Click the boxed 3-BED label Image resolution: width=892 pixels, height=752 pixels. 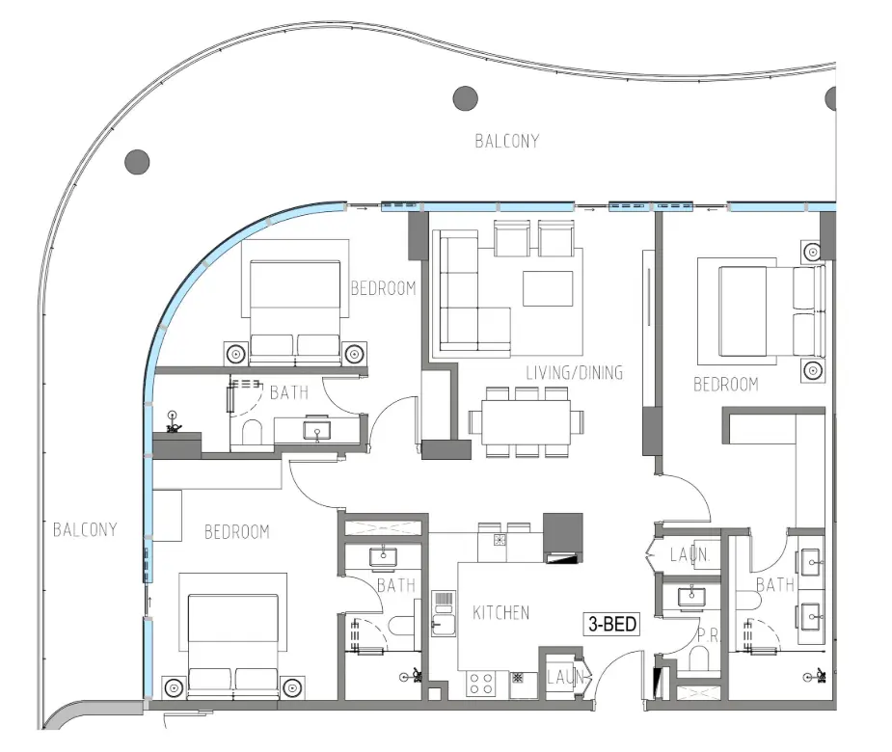tap(612, 625)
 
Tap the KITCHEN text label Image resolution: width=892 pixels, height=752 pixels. tap(500, 612)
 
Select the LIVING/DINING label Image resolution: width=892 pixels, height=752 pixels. tap(574, 372)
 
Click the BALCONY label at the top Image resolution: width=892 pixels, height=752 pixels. tap(507, 141)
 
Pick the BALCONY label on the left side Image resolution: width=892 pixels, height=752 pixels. tap(85, 529)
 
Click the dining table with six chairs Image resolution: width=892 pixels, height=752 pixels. tap(526, 422)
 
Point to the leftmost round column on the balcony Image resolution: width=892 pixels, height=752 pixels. tap(137, 160)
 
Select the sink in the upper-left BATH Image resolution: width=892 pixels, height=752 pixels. tap(317, 430)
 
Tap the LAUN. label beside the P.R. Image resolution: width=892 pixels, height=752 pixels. tap(689, 555)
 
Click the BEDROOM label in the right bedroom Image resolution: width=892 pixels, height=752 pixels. tap(726, 385)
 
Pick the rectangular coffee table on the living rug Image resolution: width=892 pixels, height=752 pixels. tap(546, 287)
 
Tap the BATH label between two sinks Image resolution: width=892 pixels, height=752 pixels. tap(774, 584)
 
